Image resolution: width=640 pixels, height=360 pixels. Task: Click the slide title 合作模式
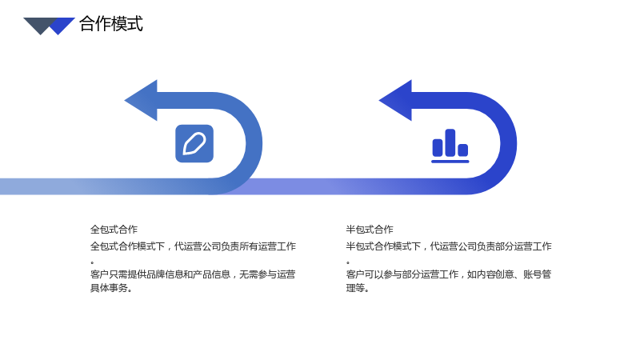pyautogui.click(x=111, y=24)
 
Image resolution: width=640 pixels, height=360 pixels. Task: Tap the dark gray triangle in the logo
pyautogui.click(x=39, y=25)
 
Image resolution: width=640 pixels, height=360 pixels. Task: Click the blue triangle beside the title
pyautogui.click(x=62, y=26)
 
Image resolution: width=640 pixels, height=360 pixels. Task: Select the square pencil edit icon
pyautogui.click(x=194, y=144)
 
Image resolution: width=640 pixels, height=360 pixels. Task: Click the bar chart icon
pyautogui.click(x=450, y=146)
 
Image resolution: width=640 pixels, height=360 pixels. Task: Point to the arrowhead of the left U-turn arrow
pyautogui.click(x=142, y=101)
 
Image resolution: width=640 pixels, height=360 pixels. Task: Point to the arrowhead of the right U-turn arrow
pyautogui.click(x=395, y=101)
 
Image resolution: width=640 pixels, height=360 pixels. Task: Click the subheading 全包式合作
pyautogui.click(x=114, y=230)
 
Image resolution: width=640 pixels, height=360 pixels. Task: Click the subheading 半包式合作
pyautogui.click(x=370, y=230)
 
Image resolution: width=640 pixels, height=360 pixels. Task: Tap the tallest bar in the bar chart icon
pyautogui.click(x=450, y=142)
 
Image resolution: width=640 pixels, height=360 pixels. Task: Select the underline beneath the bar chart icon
pyautogui.click(x=450, y=162)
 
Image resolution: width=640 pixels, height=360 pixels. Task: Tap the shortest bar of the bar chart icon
pyautogui.click(x=463, y=150)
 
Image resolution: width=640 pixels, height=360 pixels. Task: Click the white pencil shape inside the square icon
pyautogui.click(x=194, y=144)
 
